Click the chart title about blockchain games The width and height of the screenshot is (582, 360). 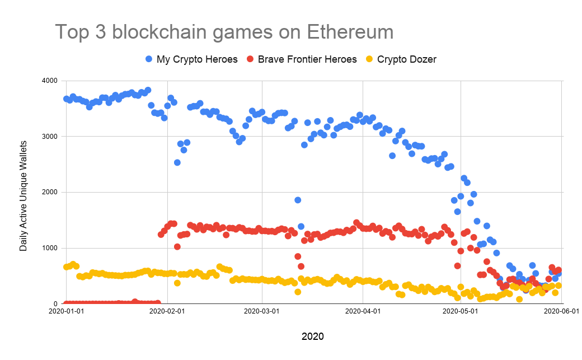224,32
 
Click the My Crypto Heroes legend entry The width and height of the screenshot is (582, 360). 197,59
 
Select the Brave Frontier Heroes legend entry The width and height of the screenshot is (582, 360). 307,59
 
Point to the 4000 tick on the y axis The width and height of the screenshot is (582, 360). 50,81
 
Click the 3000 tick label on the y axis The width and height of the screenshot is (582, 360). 50,137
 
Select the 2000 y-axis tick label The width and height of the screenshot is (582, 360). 50,192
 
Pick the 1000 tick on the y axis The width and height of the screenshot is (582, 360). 50,248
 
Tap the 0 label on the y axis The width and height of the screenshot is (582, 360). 56,304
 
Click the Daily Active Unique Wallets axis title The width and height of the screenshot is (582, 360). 24,192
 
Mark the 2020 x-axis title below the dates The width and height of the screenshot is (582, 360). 312,336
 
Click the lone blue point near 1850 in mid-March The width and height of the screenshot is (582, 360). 298,200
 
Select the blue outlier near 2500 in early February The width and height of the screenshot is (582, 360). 177,162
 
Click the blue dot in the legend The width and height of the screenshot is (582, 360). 149,59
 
